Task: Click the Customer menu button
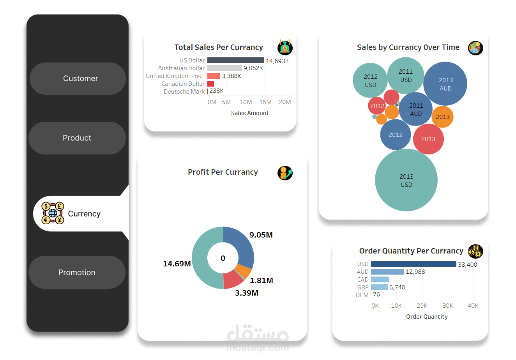(x=78, y=79)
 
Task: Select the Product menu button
(x=77, y=138)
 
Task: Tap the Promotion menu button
(x=77, y=273)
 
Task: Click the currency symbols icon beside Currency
(x=53, y=213)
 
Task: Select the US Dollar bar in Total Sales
(x=235, y=60)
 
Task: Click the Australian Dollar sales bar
(x=224, y=68)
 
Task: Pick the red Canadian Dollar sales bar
(x=210, y=83)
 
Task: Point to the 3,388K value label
(x=231, y=76)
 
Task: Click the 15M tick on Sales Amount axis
(x=265, y=102)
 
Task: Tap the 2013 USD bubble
(x=406, y=180)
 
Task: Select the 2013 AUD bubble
(x=445, y=84)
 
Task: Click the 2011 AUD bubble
(x=415, y=109)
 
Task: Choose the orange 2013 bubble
(x=442, y=117)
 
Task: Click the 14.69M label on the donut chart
(x=177, y=264)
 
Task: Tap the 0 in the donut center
(x=223, y=258)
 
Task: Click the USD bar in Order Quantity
(x=414, y=264)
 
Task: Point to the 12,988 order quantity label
(x=415, y=272)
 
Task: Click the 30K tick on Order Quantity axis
(x=448, y=306)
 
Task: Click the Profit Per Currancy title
(x=223, y=172)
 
